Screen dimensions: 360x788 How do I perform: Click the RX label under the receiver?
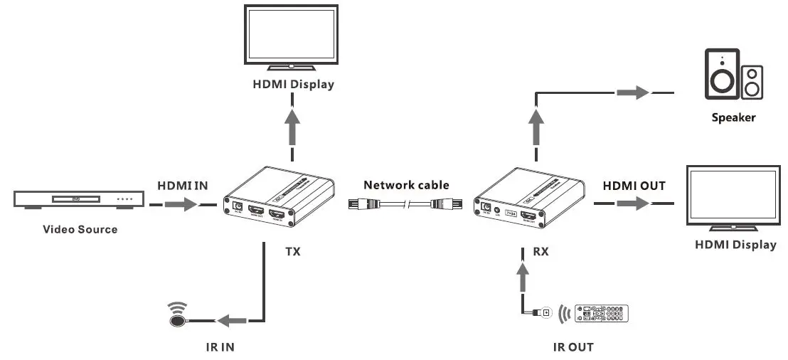click(541, 251)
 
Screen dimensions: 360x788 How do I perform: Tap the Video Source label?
click(80, 229)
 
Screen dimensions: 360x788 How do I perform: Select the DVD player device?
click(73, 198)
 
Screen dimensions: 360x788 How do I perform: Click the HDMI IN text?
click(183, 185)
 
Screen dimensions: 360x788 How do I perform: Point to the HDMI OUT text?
click(634, 186)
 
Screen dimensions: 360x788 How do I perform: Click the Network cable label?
click(406, 185)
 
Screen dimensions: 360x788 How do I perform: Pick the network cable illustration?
click(405, 205)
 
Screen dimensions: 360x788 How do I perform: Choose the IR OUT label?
click(573, 347)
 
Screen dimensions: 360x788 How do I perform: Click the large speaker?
click(722, 74)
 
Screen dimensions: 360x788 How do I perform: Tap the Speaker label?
click(733, 117)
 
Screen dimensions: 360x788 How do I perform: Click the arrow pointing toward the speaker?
click(632, 92)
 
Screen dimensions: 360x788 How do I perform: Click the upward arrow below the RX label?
click(523, 273)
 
